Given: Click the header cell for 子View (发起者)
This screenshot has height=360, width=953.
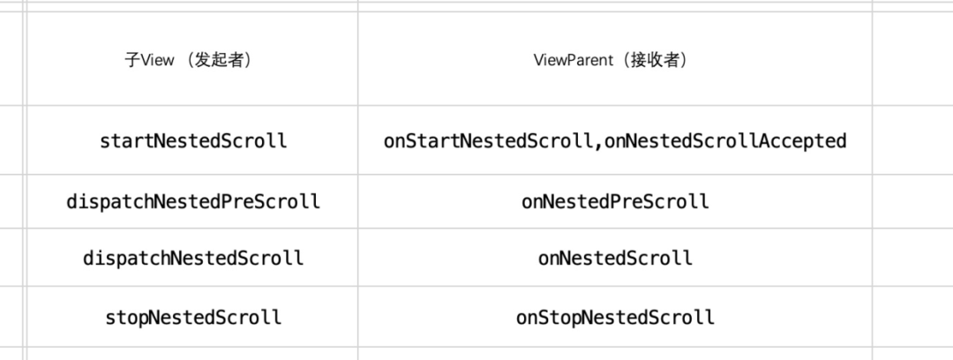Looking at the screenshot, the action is (192, 61).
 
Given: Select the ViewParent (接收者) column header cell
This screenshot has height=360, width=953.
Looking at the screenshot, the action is (614, 61).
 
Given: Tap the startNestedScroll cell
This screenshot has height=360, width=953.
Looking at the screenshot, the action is (192, 140).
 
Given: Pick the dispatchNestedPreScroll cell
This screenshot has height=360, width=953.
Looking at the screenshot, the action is (192, 201).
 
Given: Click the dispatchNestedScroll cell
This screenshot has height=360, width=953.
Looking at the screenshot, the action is (192, 259).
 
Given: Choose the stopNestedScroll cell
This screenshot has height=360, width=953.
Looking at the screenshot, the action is (192, 317).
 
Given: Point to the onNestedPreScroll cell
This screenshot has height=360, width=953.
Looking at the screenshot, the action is (614, 201).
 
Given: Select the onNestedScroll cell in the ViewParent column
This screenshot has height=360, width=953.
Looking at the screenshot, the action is (614, 259).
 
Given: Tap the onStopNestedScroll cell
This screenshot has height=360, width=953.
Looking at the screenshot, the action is (614, 317).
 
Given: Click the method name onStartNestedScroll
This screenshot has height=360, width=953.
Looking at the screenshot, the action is (487, 140).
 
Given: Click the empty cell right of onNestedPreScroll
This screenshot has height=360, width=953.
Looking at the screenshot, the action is (912, 201).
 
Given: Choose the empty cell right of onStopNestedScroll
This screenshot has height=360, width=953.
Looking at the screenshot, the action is (912, 317).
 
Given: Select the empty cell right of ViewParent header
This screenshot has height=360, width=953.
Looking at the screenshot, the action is (912, 61).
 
